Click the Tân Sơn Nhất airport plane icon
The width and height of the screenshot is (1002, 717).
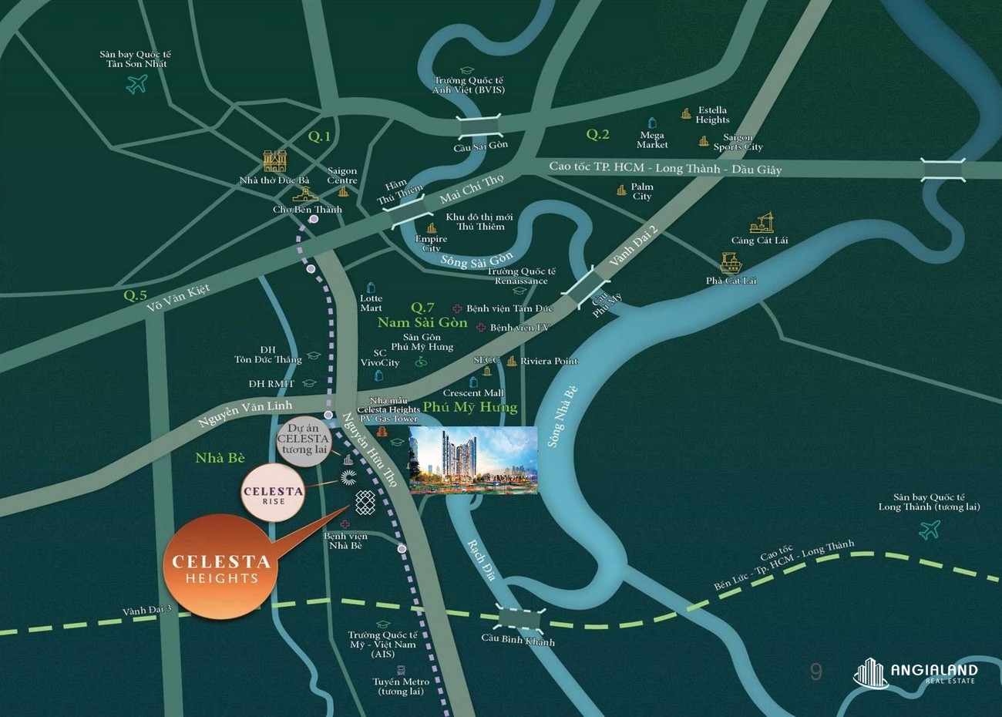[x=136, y=84]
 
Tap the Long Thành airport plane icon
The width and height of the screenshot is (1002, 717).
[x=930, y=530]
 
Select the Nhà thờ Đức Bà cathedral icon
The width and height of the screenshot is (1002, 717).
[x=274, y=162]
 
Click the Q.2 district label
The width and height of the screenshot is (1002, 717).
[x=597, y=135]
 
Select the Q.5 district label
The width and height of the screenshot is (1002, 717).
[x=135, y=295]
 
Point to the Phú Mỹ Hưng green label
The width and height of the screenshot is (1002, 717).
[x=470, y=407]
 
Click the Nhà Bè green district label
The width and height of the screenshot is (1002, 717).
[x=219, y=458]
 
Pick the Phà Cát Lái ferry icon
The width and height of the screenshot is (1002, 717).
[x=731, y=262]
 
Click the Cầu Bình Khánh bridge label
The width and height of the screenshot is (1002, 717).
[x=517, y=640]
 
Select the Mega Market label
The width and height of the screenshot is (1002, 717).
[x=652, y=140]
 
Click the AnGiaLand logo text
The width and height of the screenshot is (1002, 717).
[x=933, y=672]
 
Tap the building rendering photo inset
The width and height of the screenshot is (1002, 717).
[x=473, y=459]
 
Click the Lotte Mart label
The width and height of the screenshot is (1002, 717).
[x=371, y=303]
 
